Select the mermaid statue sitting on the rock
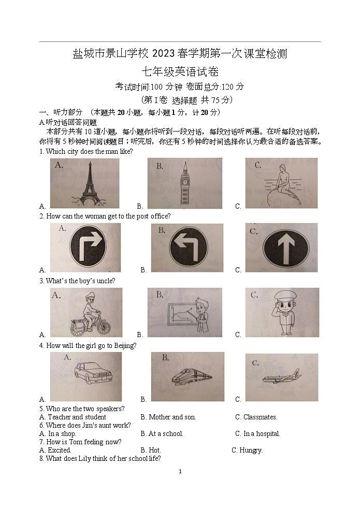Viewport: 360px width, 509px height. pyautogui.click(x=282, y=184)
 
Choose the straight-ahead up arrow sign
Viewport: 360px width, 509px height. pyautogui.click(x=283, y=248)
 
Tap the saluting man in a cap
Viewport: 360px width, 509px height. pyautogui.click(x=282, y=312)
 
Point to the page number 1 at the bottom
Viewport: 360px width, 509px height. pyautogui.click(x=180, y=471)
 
